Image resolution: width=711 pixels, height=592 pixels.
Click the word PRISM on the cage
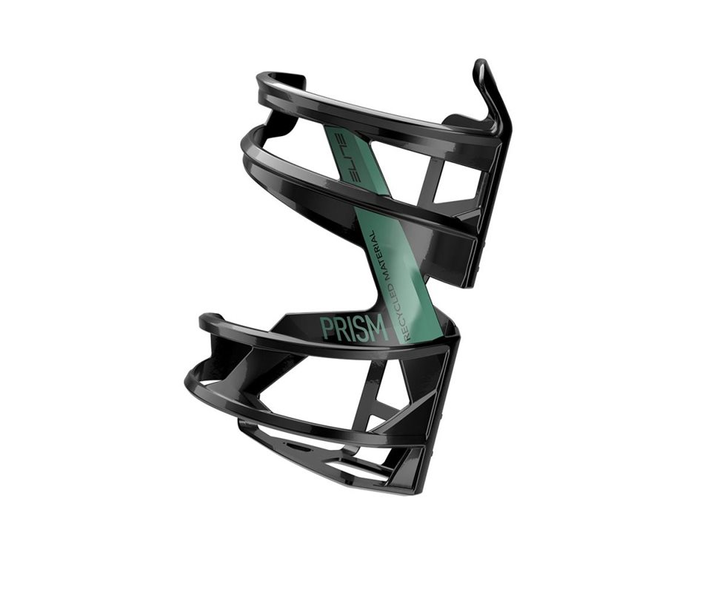click(354, 328)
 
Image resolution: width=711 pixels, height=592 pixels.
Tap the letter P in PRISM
click(327, 327)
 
